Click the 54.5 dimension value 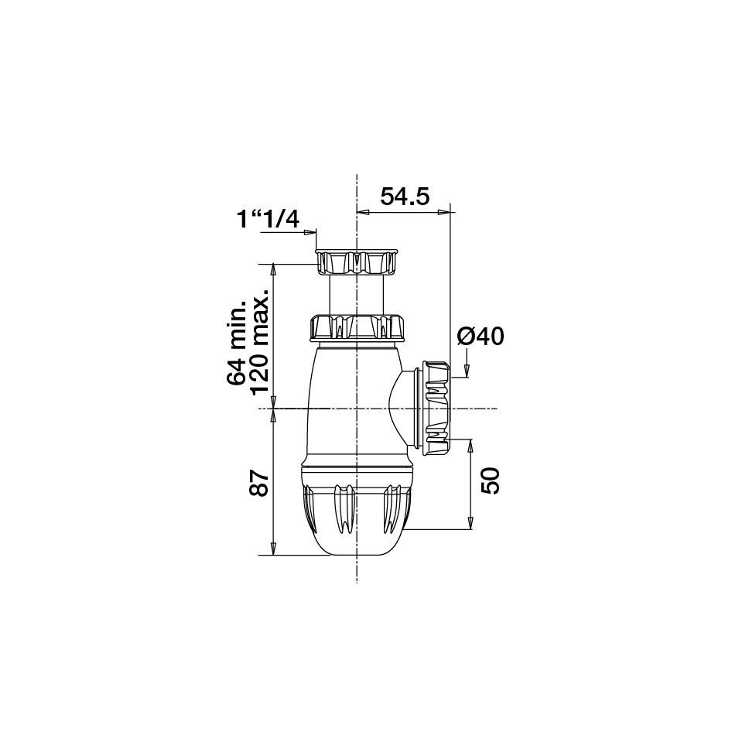[404, 197]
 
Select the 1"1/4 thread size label [268, 220]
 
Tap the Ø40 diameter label [481, 337]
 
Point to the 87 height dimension [259, 484]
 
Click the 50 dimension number [491, 481]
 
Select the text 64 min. [237, 342]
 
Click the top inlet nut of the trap [356, 263]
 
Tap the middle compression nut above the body [357, 328]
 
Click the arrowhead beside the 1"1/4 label [313, 231]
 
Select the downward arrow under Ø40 [468, 371]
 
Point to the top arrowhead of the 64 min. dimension [272, 269]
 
